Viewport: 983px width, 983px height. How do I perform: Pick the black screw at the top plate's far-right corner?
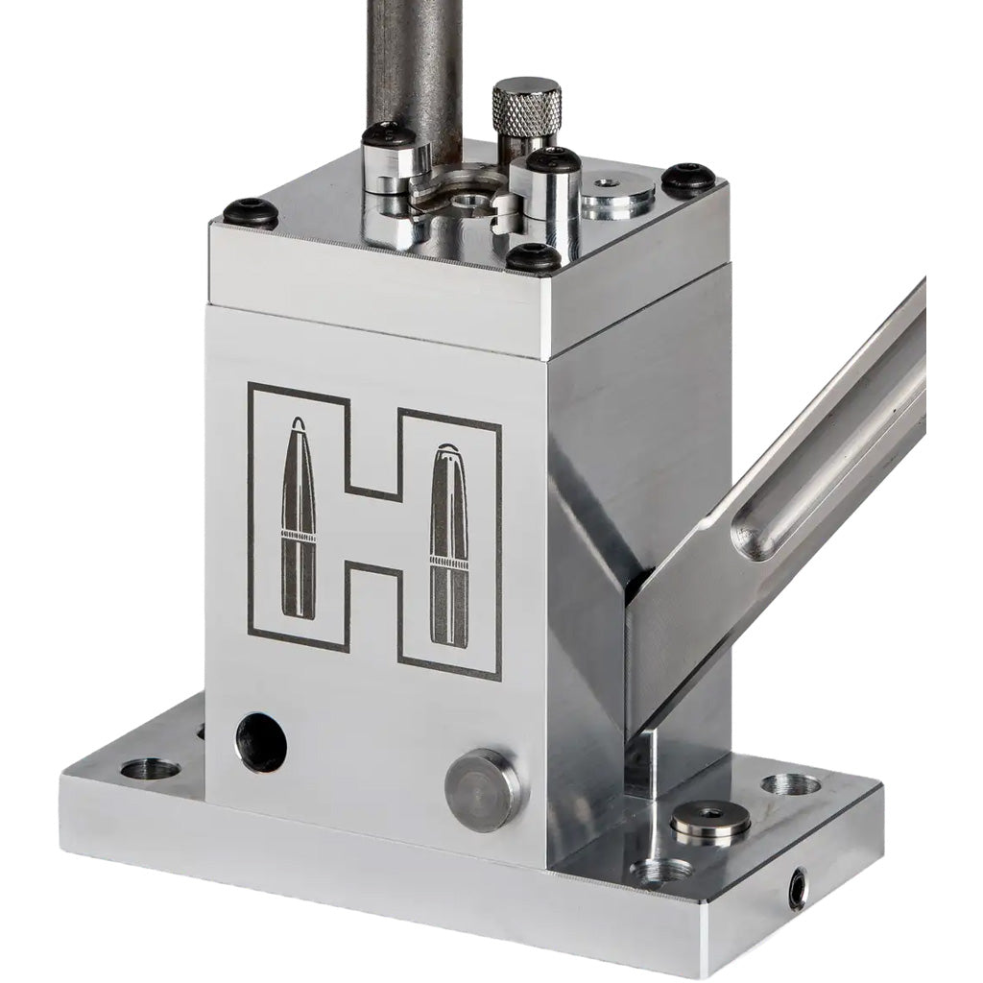[684, 177]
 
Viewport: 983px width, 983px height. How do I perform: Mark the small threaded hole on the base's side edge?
[797, 890]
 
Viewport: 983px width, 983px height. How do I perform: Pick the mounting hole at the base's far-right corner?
[792, 784]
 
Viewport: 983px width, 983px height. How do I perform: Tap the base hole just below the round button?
[662, 871]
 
